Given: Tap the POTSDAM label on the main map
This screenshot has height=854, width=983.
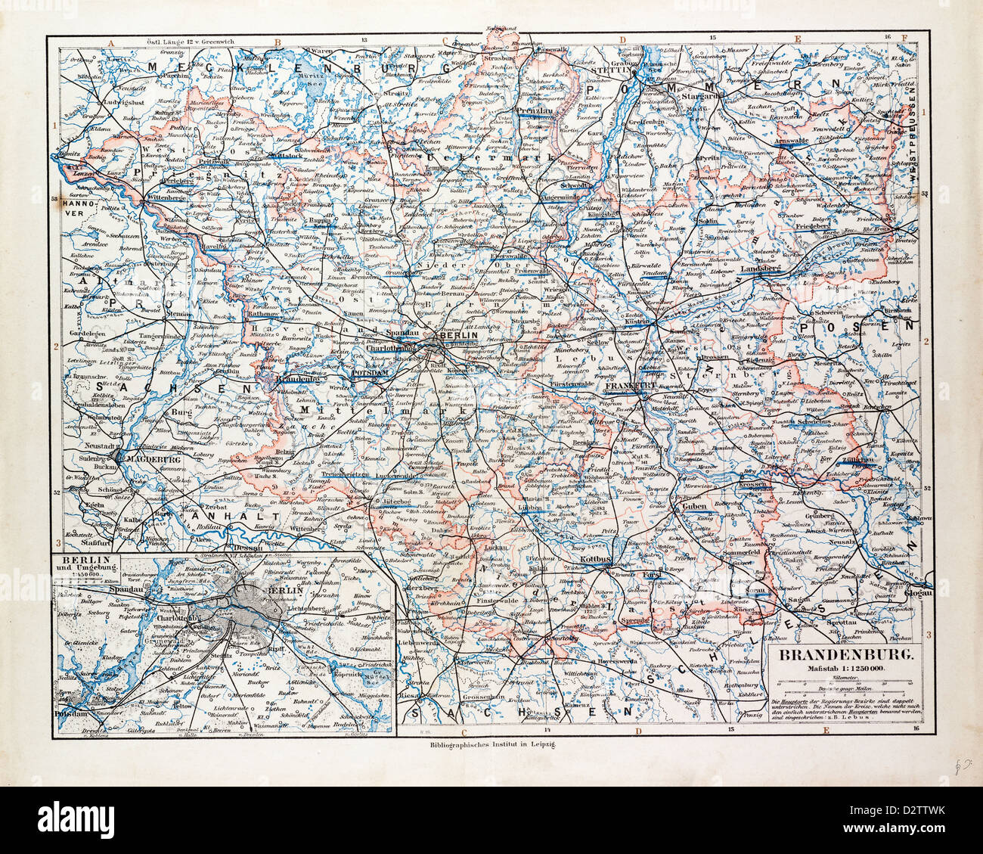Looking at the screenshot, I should (x=370, y=372).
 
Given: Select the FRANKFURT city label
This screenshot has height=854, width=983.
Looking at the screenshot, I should (x=630, y=385).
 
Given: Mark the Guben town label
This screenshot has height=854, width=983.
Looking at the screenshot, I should (x=693, y=508).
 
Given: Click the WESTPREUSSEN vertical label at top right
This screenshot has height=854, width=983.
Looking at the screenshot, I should (x=912, y=129).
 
